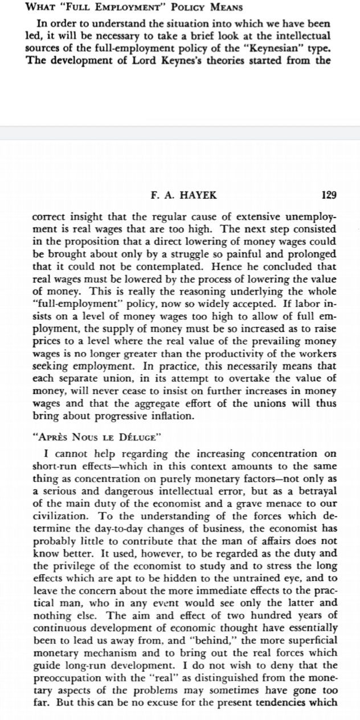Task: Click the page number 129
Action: click(329, 195)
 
